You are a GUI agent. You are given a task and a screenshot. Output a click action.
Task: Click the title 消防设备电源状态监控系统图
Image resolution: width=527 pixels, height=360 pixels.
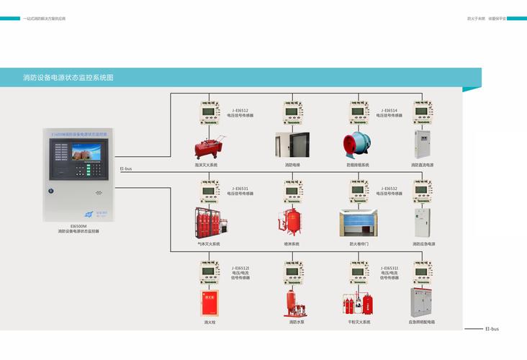(x=68, y=77)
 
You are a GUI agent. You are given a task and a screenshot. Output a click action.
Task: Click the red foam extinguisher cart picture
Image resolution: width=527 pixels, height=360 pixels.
(x=210, y=148)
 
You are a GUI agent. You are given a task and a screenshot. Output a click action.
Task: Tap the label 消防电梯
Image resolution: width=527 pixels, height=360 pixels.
(x=292, y=165)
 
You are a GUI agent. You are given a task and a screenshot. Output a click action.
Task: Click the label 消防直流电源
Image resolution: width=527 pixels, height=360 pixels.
(x=423, y=165)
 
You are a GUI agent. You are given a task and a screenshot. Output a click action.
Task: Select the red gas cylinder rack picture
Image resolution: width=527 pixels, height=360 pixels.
(x=210, y=224)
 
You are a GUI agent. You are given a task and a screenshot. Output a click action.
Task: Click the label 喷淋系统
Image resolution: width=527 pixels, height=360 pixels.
(x=292, y=244)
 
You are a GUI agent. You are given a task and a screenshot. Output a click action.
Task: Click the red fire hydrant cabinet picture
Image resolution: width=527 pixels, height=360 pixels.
(x=210, y=303)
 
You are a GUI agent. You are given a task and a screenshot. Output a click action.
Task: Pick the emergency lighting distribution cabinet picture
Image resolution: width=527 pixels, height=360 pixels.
(x=423, y=302)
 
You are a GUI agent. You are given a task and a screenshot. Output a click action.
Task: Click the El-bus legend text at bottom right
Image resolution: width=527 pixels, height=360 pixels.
(x=492, y=329)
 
